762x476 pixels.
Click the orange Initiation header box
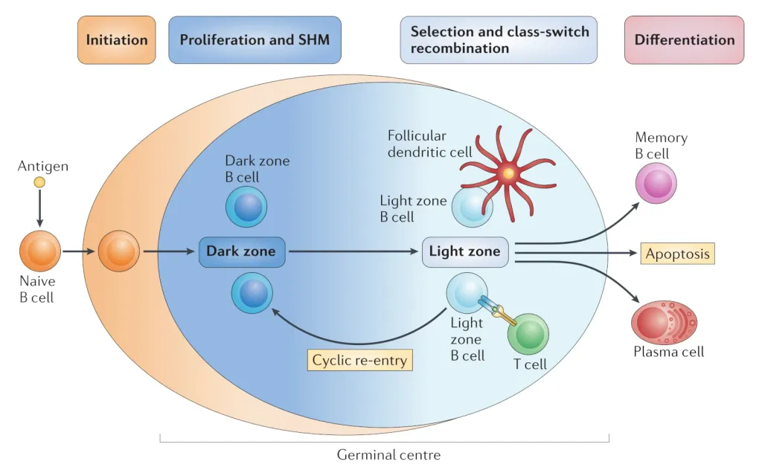click(x=117, y=39)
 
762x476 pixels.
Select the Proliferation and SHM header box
click(x=255, y=39)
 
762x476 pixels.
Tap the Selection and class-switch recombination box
click(x=499, y=39)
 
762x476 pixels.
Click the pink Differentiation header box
click(x=684, y=39)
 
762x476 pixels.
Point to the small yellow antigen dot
click(x=39, y=182)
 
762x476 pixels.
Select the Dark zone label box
click(x=241, y=251)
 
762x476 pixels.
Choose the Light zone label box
click(x=465, y=251)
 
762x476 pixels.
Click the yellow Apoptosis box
click(x=678, y=253)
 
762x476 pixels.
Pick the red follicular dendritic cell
click(x=509, y=173)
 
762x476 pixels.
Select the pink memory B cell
click(x=657, y=183)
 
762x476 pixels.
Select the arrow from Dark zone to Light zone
click(x=350, y=251)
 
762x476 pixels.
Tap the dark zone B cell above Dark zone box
click(x=246, y=207)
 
